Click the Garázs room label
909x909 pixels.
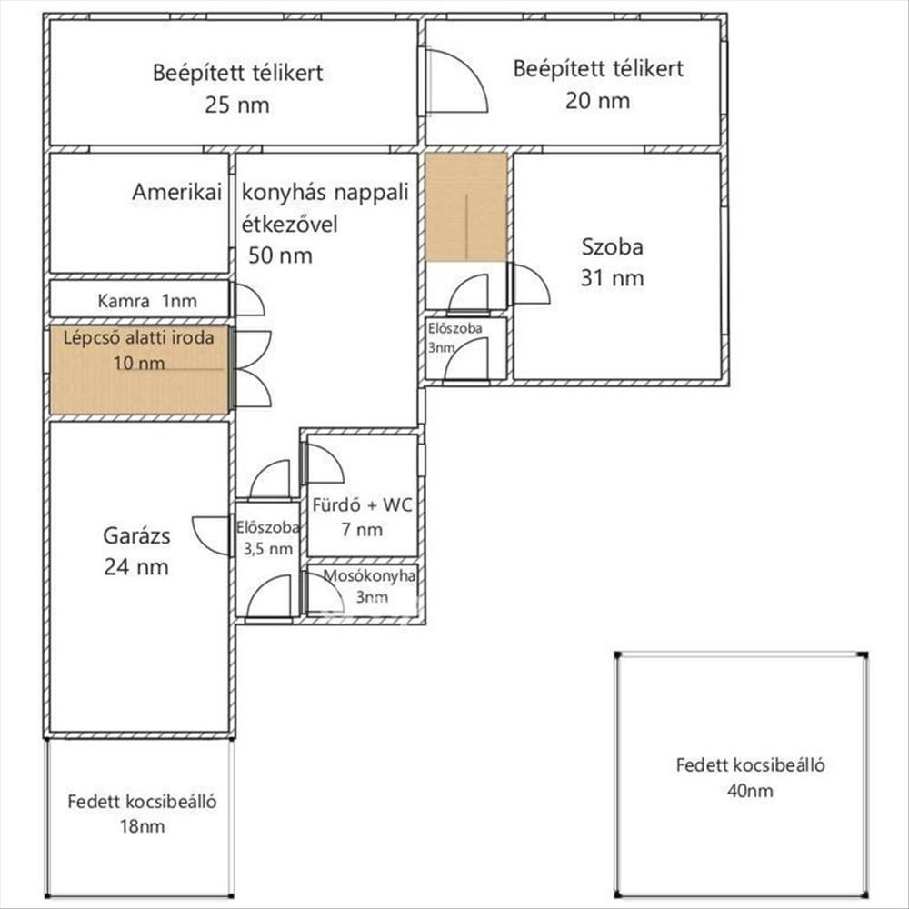click(x=137, y=536)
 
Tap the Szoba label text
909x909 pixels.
click(x=612, y=247)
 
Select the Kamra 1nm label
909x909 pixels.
click(x=147, y=301)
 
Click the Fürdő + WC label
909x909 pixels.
click(x=363, y=504)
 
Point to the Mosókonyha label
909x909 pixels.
click(x=369, y=575)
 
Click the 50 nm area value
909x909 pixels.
click(x=281, y=255)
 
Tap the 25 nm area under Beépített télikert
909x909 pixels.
click(x=237, y=105)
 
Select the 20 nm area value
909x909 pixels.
click(x=598, y=101)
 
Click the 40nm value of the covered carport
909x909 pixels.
click(x=750, y=791)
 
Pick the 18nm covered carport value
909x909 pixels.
click(x=142, y=826)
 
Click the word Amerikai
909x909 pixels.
click(x=177, y=192)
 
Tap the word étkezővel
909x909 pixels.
click(x=289, y=224)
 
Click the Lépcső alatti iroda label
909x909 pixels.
click(x=138, y=337)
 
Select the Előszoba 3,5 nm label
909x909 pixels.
click(x=267, y=538)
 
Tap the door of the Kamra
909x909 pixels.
click(x=247, y=300)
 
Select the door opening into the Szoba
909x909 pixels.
click(x=529, y=284)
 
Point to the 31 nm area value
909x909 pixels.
click(x=612, y=278)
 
